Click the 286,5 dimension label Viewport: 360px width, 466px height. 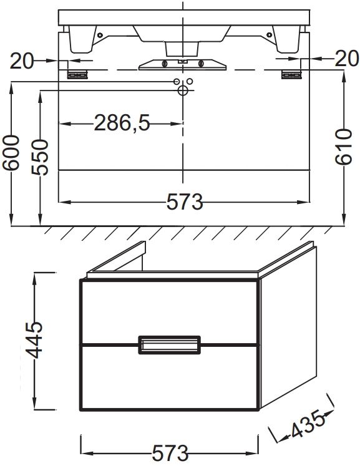coord(122,123)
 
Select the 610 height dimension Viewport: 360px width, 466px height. coord(343,147)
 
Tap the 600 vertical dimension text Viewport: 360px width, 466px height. coord(11,153)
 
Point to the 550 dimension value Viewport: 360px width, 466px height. coord(39,157)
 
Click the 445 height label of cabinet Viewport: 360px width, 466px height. coord(34,340)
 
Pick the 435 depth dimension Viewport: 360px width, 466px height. coord(307,424)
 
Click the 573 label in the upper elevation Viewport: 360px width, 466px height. coord(184,201)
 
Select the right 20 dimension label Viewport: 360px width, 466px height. coord(347,58)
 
